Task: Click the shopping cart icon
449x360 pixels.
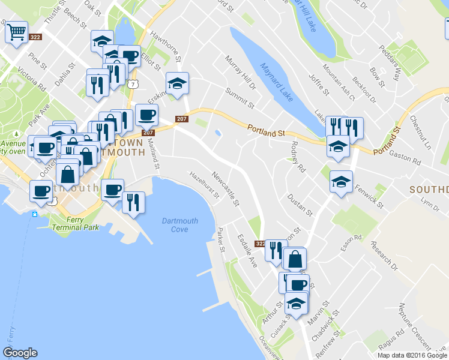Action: coord(17,32)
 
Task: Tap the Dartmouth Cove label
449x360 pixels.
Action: coord(179,225)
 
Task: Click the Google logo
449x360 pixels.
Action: coord(20,353)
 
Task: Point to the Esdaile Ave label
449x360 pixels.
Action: coord(247,251)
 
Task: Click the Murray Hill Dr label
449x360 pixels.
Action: coord(240,73)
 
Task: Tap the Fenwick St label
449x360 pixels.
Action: coord(369,196)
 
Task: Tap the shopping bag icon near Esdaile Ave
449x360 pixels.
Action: coord(295,259)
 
